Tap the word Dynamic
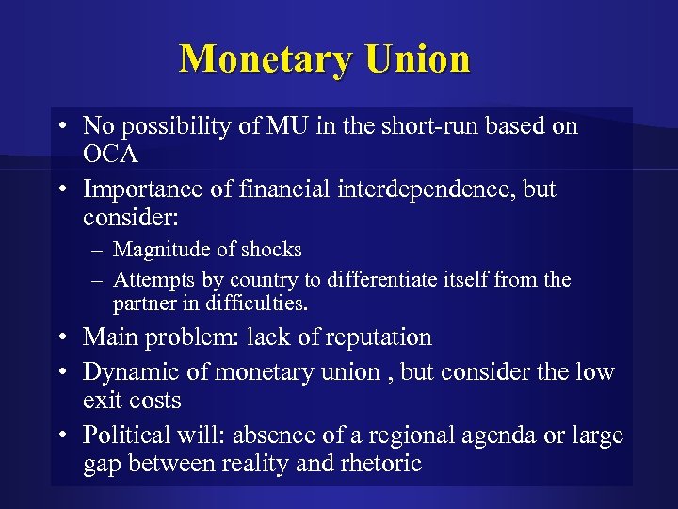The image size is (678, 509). click(x=132, y=371)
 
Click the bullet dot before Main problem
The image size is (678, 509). click(x=59, y=337)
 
